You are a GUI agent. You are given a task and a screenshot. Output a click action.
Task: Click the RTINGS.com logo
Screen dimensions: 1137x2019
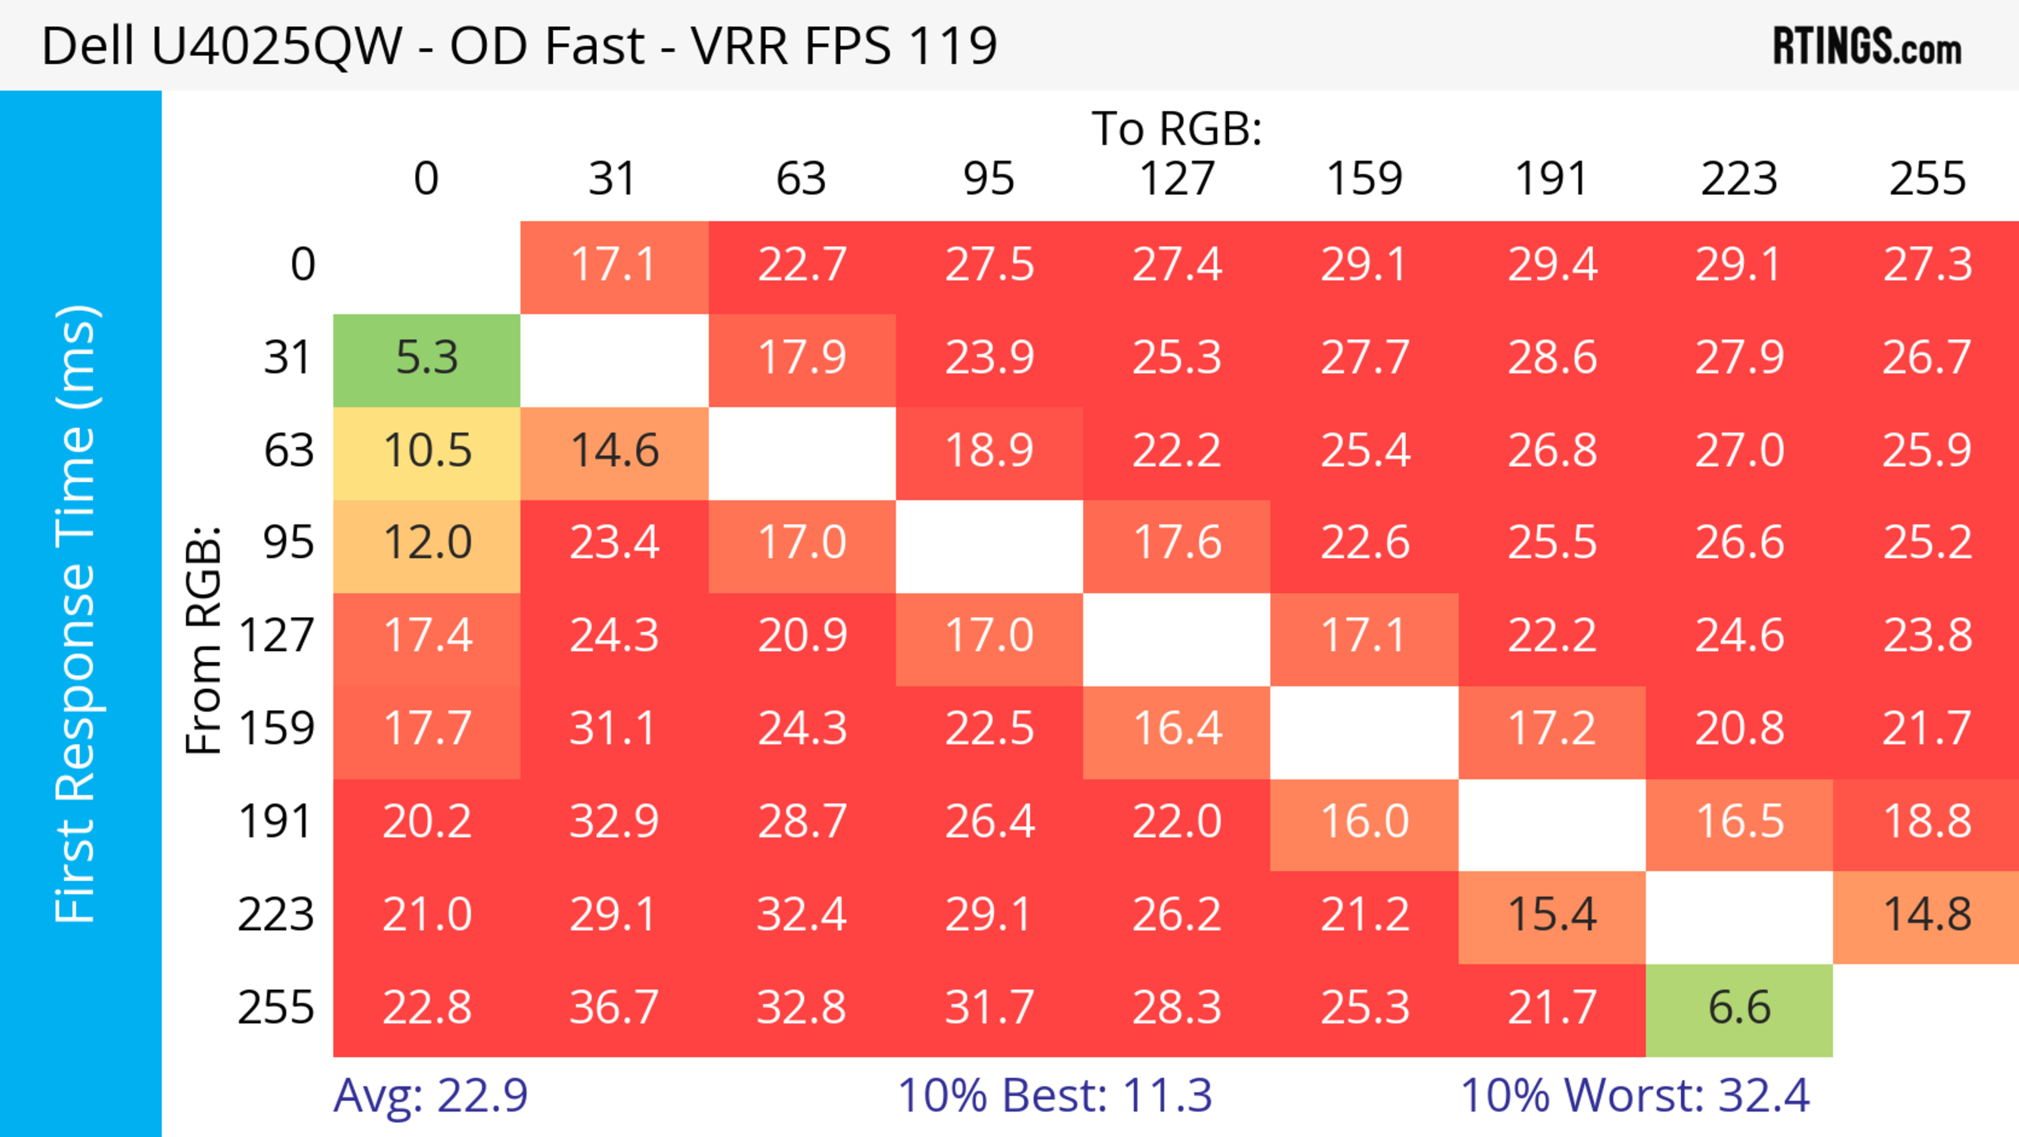coord(1867,47)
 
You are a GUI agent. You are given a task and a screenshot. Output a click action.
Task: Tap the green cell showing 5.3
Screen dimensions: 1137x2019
coord(426,358)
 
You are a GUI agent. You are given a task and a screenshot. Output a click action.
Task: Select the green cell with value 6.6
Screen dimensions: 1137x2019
coord(1739,1009)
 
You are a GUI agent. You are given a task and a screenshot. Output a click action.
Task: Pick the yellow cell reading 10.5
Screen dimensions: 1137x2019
coord(426,451)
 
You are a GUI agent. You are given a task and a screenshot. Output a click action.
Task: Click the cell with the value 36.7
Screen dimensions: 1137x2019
coord(614,1009)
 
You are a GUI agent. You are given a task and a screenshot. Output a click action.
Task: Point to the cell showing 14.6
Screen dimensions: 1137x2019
coord(614,451)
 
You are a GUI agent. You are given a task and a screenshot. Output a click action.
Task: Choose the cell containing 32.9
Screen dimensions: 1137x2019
coord(614,822)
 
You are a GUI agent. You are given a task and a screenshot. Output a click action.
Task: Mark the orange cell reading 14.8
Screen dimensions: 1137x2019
coord(1926,915)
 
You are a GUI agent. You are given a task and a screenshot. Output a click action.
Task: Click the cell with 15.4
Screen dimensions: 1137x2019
coord(1552,915)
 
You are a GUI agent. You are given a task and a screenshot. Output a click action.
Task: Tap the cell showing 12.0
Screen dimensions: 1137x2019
coord(426,544)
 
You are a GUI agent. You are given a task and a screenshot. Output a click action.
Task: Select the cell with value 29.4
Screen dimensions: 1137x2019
coord(1552,265)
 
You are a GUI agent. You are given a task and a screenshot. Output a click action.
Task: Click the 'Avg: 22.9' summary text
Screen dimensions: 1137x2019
coord(430,1095)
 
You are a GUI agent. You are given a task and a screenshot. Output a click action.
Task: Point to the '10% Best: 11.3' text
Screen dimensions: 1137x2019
coord(1054,1095)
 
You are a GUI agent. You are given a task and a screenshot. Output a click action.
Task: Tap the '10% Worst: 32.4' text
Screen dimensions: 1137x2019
coord(1635,1095)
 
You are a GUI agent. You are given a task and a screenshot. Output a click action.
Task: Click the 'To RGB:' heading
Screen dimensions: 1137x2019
coord(1177,128)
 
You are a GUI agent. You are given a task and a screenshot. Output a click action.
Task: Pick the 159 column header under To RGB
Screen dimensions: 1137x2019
coord(1364,179)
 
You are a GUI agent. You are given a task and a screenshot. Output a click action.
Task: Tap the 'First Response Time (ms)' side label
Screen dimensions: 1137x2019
coord(76,613)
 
